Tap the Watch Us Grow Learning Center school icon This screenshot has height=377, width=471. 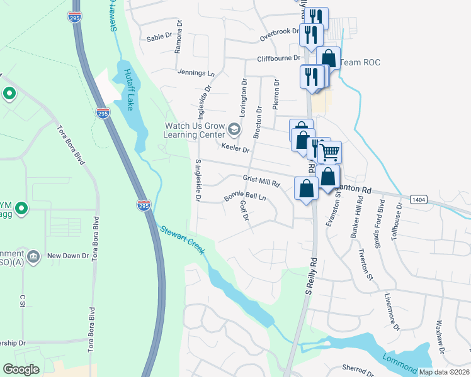tap(234, 130)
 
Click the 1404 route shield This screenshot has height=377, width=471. tap(418, 199)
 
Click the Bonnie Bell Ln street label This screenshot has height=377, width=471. tap(245, 197)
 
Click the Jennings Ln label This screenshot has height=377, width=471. tap(196, 73)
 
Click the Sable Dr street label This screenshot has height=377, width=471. tap(159, 37)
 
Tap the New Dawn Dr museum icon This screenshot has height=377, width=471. tap(34, 256)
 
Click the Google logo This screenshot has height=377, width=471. tap(21, 369)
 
